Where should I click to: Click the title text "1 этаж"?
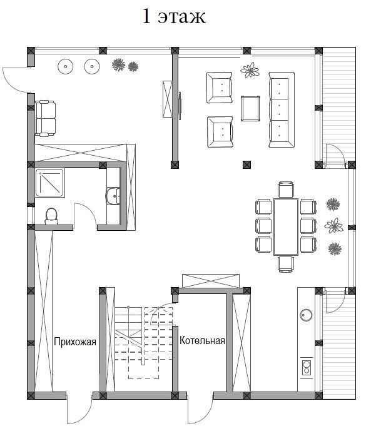pos(174,17)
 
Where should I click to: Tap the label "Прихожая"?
pos(75,342)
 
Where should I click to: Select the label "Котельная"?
pos(202,340)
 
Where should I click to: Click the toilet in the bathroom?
pos(51,216)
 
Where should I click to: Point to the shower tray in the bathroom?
pos(50,183)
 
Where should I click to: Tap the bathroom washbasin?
pos(113,196)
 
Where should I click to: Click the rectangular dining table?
pos(286,227)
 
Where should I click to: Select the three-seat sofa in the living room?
pos(282,109)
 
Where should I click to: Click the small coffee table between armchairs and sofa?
pos(250,108)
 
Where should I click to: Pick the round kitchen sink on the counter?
pos(306,315)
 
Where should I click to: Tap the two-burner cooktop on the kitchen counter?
pos(307,367)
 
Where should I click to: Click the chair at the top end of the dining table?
pos(286,190)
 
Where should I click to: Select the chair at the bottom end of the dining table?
pos(286,265)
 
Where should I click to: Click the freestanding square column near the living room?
pos(247,165)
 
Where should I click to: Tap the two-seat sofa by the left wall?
pos(46,118)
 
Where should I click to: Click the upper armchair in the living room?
pos(220,88)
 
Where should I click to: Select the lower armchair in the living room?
pos(220,132)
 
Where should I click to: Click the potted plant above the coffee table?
pos(250,70)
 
